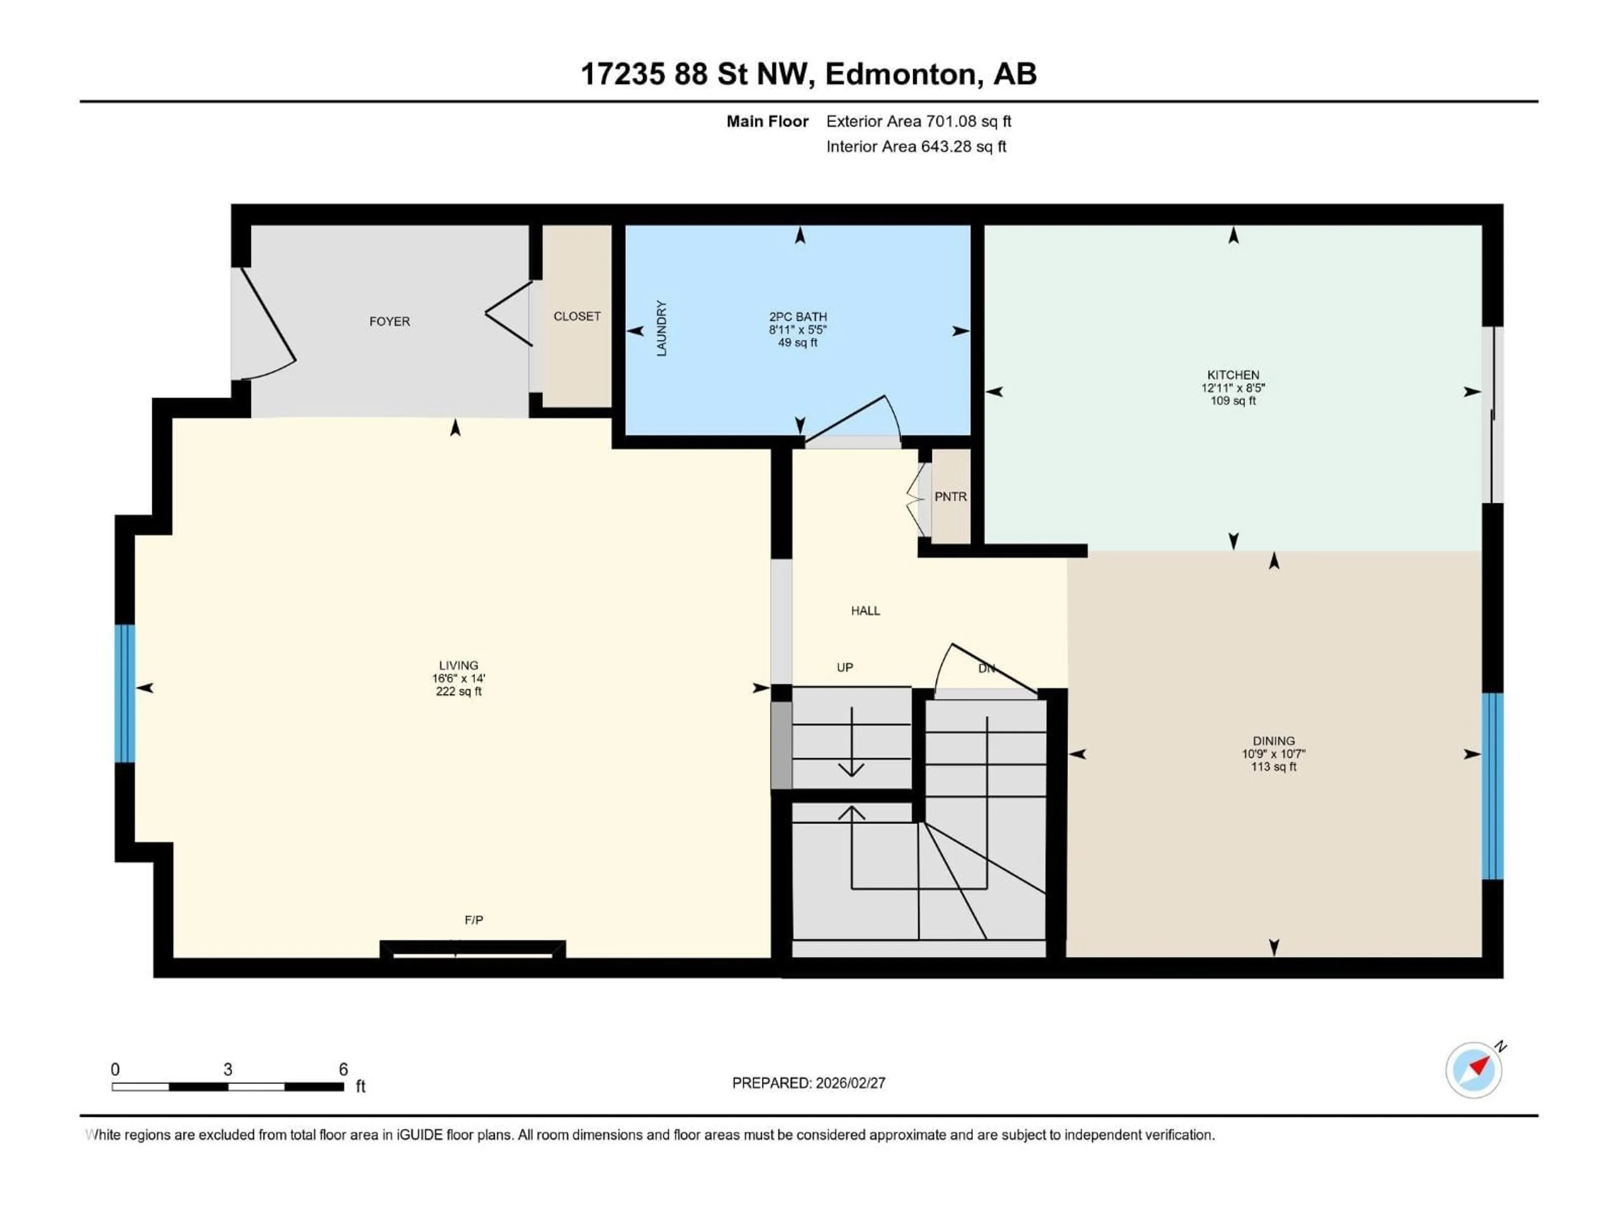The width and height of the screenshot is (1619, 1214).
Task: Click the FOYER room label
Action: [x=390, y=321]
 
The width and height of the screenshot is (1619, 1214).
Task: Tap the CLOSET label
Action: [x=577, y=316]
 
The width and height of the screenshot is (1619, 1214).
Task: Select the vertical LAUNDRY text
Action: [x=662, y=328]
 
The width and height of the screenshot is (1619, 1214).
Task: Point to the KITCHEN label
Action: [x=1233, y=375]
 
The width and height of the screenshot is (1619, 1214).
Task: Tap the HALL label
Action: [x=865, y=610]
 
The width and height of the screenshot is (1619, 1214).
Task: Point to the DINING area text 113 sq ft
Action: [x=1274, y=767]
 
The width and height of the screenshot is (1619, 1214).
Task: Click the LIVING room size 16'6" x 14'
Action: [x=458, y=678]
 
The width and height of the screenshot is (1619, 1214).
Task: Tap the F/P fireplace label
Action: [x=473, y=920]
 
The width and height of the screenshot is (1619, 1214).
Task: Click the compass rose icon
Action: [x=1474, y=1070]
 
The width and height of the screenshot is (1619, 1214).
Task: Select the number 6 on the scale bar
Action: [x=343, y=1069]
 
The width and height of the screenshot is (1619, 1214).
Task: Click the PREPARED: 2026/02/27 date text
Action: [x=809, y=1083]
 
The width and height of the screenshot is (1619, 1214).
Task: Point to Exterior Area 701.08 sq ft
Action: [x=919, y=121]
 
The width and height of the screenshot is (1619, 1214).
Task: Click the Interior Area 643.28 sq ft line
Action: [x=916, y=146]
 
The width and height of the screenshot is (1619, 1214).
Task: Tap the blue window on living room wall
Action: [x=125, y=693]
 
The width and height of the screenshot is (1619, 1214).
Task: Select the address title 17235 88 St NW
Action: [x=695, y=74]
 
